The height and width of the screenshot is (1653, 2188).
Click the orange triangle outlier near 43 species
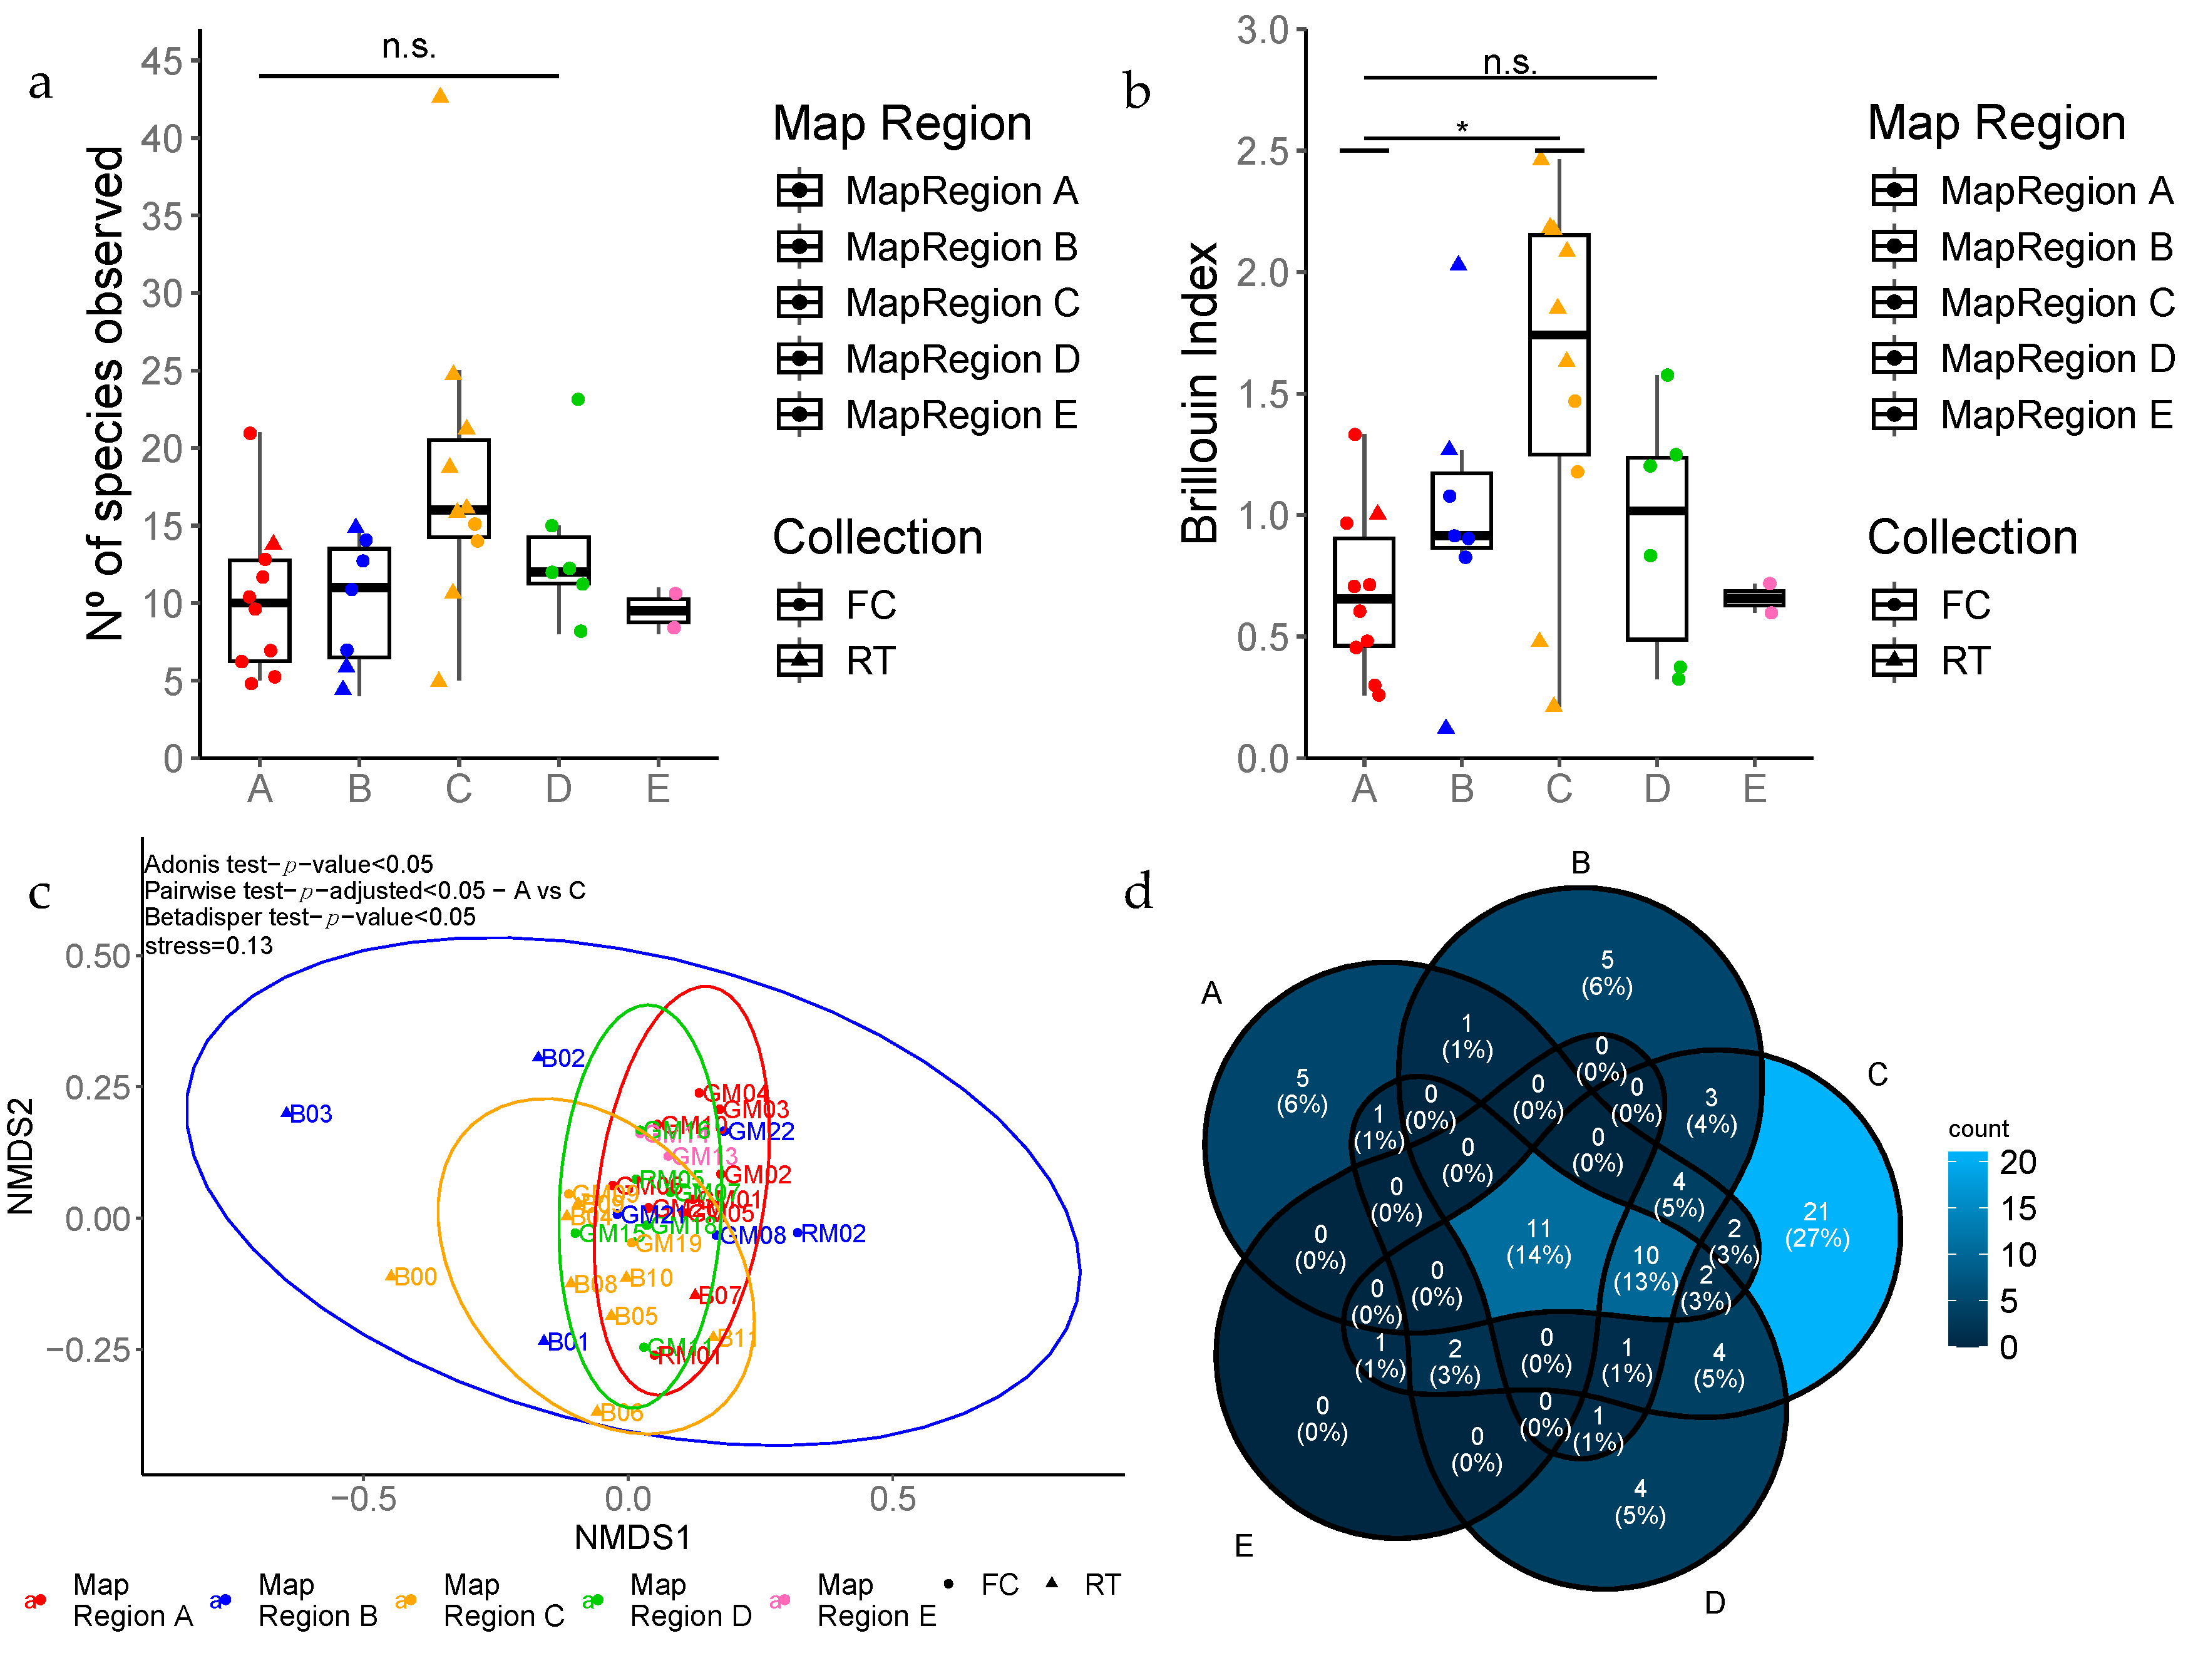pos(440,96)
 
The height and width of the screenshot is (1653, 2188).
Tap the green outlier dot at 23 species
pos(578,399)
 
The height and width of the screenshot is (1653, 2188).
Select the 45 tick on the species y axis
pos(162,61)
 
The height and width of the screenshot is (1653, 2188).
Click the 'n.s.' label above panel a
pos(409,46)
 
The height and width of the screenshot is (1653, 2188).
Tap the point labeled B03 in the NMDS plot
pos(287,1113)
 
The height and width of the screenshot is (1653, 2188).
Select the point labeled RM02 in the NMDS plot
pos(798,1233)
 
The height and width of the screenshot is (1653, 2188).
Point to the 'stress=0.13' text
pos(208,945)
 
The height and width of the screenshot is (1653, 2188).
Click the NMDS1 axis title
pos(632,1537)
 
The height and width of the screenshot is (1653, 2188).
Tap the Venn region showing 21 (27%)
pos(1816,1225)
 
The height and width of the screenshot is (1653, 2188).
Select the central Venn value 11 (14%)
pos(1538,1242)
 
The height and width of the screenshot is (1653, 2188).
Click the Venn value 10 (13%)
pos(1645,1268)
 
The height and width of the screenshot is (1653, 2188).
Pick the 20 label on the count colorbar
pos(2018,1162)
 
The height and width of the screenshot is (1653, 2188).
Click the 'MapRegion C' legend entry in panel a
pos(962,302)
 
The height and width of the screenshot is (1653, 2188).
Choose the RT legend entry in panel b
pos(1963,661)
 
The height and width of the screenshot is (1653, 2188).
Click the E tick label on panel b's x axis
pos(1754,788)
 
